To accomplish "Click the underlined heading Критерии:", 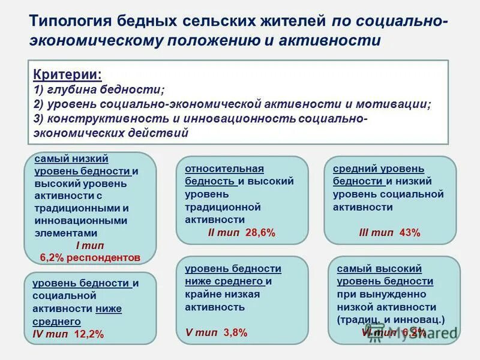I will (67, 75).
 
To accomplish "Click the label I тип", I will (90, 246).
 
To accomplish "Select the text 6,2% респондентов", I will (90, 258).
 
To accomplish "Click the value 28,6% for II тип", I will (260, 233).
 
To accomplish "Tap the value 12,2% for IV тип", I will (89, 334).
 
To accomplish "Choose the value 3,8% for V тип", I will (235, 333).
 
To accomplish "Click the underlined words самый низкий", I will (71, 159).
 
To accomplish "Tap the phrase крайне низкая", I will (222, 294).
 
